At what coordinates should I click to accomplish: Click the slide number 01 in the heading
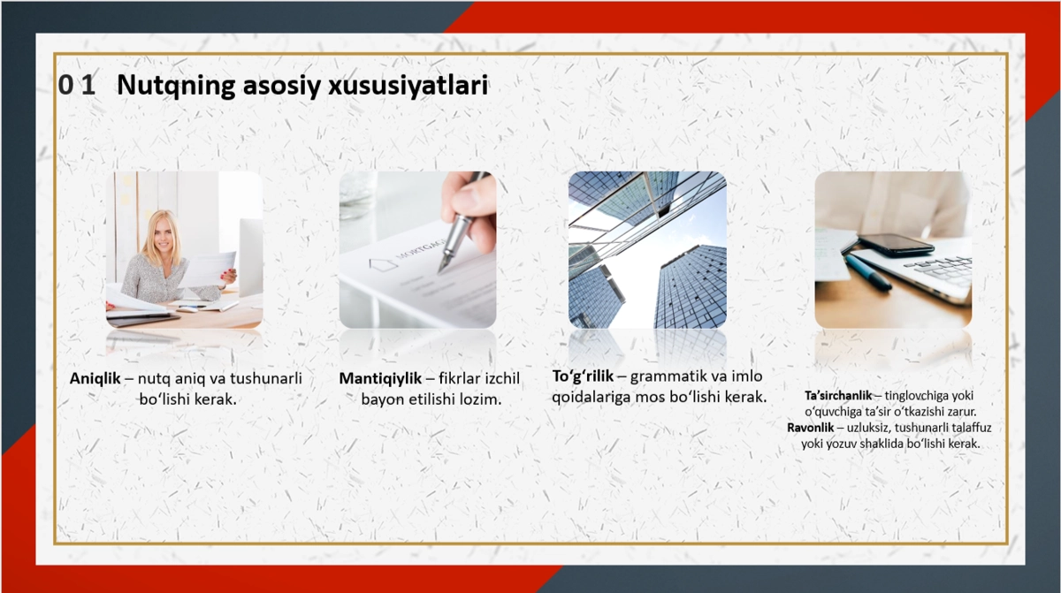point(77,85)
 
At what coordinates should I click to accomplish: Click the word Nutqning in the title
point(176,86)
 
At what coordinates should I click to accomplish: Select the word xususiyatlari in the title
point(408,86)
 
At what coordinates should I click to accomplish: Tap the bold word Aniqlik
point(95,378)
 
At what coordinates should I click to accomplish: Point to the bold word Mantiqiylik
point(380,378)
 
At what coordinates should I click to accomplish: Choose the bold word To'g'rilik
point(583,376)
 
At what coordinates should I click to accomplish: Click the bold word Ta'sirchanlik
point(838,395)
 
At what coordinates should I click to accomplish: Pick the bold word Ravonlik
point(811,428)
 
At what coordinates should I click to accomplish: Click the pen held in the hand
point(462,224)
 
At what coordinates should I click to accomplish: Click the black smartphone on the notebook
point(896,245)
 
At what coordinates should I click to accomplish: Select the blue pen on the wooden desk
point(868,272)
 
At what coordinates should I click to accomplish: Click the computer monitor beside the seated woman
point(250,257)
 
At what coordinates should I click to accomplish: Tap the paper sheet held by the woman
point(209,270)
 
